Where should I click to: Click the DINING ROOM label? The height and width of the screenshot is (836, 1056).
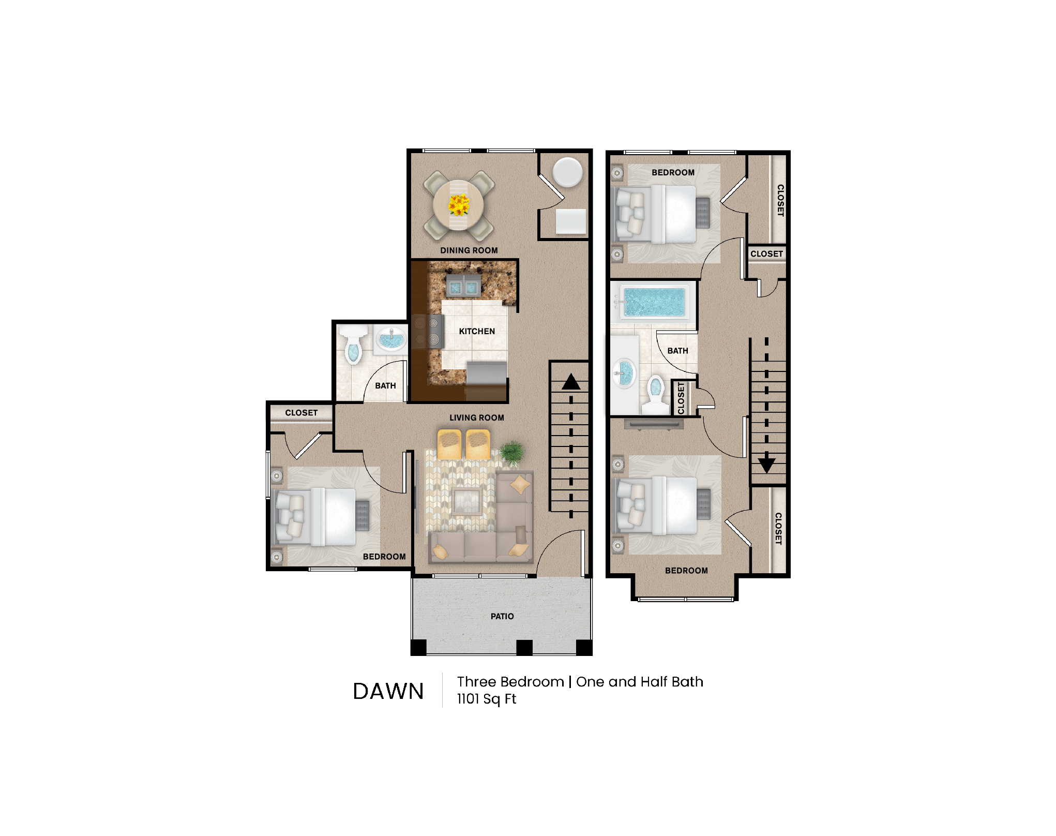tap(469, 250)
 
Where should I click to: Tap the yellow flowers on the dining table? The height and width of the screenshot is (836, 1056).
tap(458, 205)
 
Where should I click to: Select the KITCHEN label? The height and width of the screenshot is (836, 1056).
tap(477, 331)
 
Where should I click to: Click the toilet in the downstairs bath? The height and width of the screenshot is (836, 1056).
tap(353, 348)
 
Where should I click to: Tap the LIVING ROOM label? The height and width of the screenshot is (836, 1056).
tap(476, 417)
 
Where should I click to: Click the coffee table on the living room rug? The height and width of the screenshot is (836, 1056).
tap(467, 501)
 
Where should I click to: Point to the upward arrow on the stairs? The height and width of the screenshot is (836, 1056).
tap(571, 382)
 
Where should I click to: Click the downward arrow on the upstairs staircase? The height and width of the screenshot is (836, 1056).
tap(766, 464)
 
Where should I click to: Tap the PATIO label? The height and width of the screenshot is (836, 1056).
tap(502, 616)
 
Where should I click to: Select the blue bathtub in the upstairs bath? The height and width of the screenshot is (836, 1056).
tap(654, 303)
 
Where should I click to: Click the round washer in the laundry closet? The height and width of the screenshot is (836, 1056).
tap(567, 172)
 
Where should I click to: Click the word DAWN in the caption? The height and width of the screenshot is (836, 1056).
tap(388, 691)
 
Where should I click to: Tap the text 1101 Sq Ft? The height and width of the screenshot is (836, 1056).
tap(486, 699)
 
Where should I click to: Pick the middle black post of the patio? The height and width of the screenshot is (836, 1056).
tap(524, 647)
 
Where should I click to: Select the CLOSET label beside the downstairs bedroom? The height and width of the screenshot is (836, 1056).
tap(301, 413)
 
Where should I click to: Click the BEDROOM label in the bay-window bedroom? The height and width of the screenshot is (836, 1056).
tap(686, 571)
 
